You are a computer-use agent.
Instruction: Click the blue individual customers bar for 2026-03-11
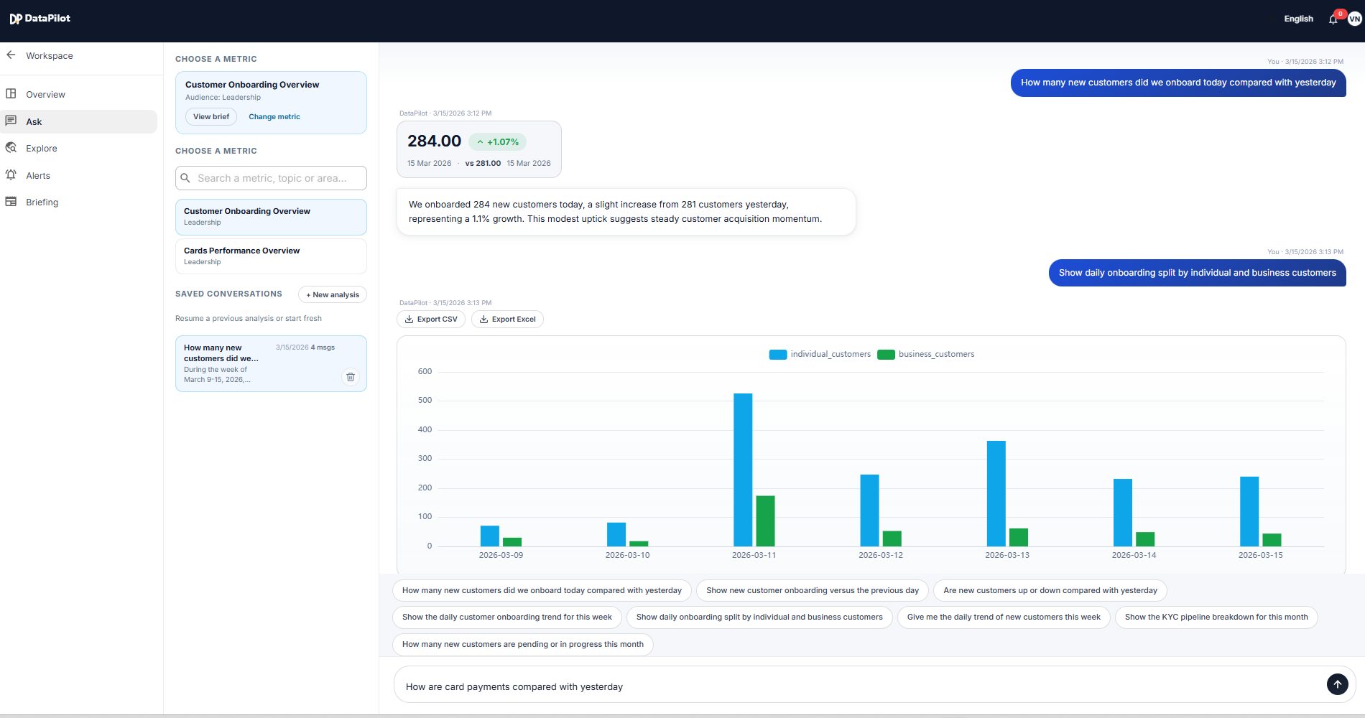(x=743, y=470)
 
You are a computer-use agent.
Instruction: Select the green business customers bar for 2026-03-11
(x=765, y=521)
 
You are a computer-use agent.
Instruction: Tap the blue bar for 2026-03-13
(x=996, y=494)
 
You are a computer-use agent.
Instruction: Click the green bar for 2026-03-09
(x=512, y=542)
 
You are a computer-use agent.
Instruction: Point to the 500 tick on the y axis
(x=425, y=401)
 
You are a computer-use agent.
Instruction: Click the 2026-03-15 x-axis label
(x=1260, y=555)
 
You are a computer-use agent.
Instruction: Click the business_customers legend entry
(x=927, y=354)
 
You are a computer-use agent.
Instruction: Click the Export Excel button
(x=507, y=320)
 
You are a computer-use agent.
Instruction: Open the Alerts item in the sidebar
(x=38, y=176)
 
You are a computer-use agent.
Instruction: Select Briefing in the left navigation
(x=42, y=202)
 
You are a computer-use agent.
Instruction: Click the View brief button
(x=211, y=117)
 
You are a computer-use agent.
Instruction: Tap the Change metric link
(x=274, y=117)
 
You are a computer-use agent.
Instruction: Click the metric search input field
(x=272, y=178)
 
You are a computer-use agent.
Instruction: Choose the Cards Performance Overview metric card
(x=271, y=256)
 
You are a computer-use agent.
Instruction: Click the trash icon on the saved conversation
(x=351, y=377)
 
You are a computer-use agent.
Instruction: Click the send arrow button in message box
(x=1337, y=684)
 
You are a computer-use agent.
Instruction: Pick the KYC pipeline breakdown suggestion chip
(x=1216, y=617)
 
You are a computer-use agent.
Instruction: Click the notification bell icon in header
(x=1333, y=19)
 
